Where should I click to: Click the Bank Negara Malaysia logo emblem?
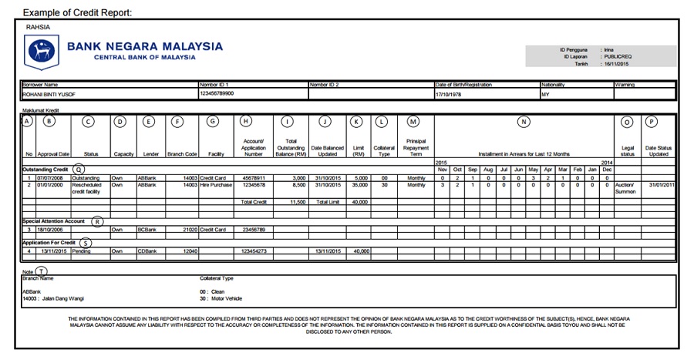[x=42, y=52]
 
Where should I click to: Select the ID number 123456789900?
[x=217, y=93]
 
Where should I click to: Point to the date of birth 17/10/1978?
[x=452, y=93]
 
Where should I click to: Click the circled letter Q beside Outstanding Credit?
[x=80, y=170]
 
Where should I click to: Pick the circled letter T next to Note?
[x=41, y=270]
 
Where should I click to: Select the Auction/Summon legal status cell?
[x=626, y=188]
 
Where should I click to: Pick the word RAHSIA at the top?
[x=38, y=27]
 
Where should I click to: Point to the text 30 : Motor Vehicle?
[x=224, y=298]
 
